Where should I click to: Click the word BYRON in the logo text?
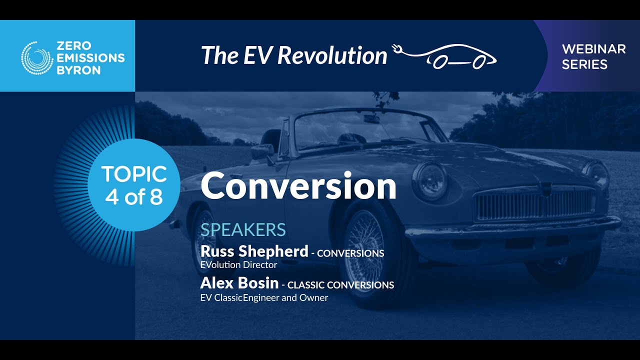(78, 70)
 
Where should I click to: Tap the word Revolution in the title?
(332, 55)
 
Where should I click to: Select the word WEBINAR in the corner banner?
(593, 49)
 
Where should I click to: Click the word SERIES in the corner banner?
(584, 64)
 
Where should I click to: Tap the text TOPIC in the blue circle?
(134, 174)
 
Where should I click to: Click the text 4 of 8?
(134, 197)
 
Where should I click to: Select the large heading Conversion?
(298, 186)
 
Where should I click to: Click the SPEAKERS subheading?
(243, 229)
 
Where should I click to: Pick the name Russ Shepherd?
(254, 251)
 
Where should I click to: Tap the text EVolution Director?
(238, 264)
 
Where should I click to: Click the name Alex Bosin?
(239, 283)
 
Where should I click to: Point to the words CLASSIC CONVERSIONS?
(340, 285)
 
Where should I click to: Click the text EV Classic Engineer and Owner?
(264, 297)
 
